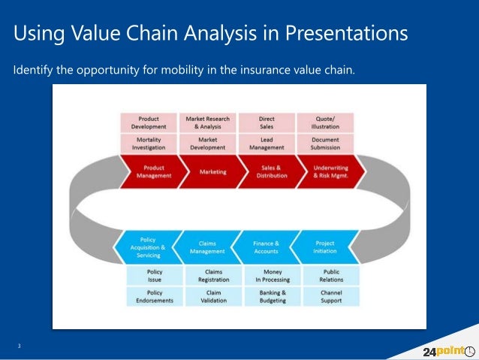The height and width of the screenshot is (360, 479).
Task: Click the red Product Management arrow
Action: pos(153,171)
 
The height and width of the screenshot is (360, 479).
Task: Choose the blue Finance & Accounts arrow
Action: pos(266,247)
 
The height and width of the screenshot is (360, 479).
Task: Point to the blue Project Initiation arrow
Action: pos(324,247)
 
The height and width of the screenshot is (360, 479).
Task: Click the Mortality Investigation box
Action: pos(149,144)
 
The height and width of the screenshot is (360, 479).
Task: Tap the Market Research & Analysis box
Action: pos(208,123)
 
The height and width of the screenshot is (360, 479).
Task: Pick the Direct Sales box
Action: pos(267,123)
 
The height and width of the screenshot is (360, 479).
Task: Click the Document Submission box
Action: pos(325,144)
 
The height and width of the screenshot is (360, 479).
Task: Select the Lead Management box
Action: pos(267,144)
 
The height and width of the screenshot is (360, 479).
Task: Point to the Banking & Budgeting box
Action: pos(273,296)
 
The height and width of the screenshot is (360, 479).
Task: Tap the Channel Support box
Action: pos(331,296)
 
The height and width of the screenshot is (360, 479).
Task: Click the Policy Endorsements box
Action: pos(155,296)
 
